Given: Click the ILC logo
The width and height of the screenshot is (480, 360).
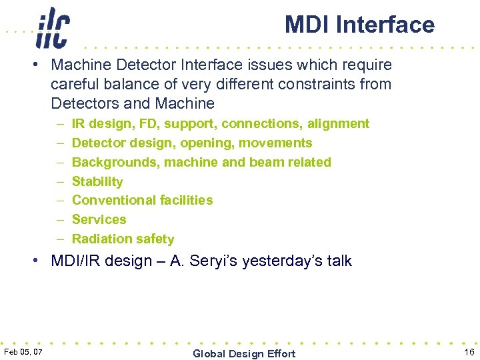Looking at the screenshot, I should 53,28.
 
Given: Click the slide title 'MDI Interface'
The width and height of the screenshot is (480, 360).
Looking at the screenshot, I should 359,25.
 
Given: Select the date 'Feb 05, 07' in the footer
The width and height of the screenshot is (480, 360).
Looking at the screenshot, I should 23,352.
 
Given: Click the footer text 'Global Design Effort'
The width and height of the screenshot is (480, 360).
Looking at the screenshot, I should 244,353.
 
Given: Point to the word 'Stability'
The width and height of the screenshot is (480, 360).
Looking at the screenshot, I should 97,181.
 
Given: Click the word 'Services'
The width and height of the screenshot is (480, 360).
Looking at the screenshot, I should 99,219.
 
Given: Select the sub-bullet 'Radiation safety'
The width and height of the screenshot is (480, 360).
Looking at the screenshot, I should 123,239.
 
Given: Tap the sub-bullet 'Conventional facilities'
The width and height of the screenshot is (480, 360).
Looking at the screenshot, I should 142,200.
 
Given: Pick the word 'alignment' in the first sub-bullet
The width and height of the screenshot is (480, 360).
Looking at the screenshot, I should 339,123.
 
